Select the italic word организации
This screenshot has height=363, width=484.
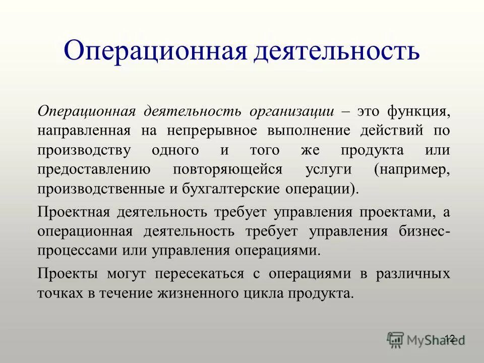pyautogui.click(x=286, y=111)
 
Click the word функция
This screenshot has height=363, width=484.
pyautogui.click(x=415, y=111)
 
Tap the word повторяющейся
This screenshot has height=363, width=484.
pyautogui.click(x=227, y=170)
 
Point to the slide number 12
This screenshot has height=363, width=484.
pyautogui.click(x=450, y=338)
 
